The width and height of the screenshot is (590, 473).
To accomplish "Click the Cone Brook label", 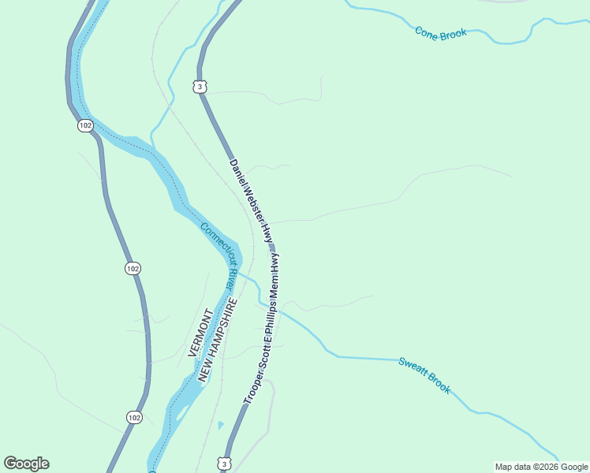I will pos(441,32).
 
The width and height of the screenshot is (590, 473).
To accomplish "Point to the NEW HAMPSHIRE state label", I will pos(217,341).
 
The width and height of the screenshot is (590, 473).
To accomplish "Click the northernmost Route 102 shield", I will pos(85,125).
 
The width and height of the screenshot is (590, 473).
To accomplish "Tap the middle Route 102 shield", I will pos(133,269).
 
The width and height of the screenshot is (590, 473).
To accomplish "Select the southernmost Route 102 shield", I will pos(134,417).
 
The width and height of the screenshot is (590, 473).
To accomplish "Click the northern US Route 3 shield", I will pos(200,86).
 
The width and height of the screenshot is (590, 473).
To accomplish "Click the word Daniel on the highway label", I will pos(240,174).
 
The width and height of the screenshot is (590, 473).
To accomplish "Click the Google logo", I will pos(26,464).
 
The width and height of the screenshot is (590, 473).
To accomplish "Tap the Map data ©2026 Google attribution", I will pos(540,467).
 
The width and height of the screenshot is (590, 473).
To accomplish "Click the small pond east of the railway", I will pos(220,425).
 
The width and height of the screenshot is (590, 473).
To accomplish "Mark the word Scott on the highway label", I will pos(262,356).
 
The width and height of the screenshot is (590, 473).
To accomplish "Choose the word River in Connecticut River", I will pos(231,277).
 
